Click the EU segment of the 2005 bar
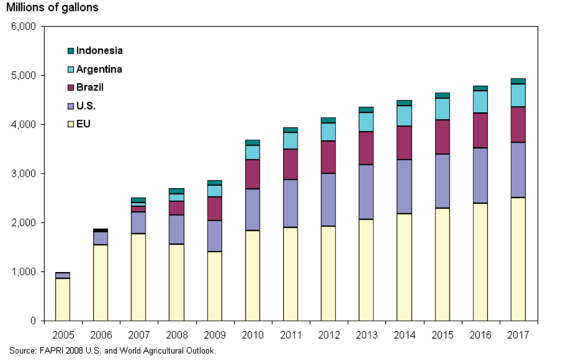click(x=62, y=300)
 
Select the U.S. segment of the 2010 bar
click(x=252, y=210)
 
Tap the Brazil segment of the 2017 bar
click(x=518, y=124)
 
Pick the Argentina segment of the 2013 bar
click(x=366, y=122)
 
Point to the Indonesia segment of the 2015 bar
click(x=442, y=95)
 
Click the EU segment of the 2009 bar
click(x=214, y=286)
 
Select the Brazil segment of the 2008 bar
click(x=176, y=208)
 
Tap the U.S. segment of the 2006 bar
click(x=100, y=238)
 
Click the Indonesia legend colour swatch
click(x=71, y=51)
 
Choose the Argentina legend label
click(x=99, y=69)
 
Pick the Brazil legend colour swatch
click(x=71, y=87)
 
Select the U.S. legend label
click(x=86, y=106)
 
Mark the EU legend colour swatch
click(x=71, y=124)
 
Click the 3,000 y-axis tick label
click(x=24, y=173)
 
